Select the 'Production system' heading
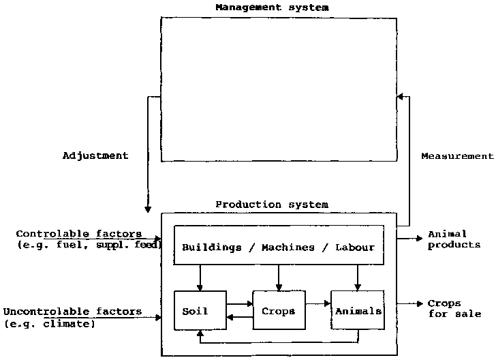click(272, 204)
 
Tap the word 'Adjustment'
click(95, 155)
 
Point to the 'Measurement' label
click(456, 156)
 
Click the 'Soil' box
click(200, 312)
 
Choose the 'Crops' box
click(279, 312)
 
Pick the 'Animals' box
click(358, 312)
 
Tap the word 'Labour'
click(354, 247)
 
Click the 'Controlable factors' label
click(79, 234)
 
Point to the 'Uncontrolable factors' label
click(72, 312)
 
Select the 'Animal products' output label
click(454, 239)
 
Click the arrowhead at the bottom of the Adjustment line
click(148, 207)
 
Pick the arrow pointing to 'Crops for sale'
click(411, 303)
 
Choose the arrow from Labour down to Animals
click(358, 277)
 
